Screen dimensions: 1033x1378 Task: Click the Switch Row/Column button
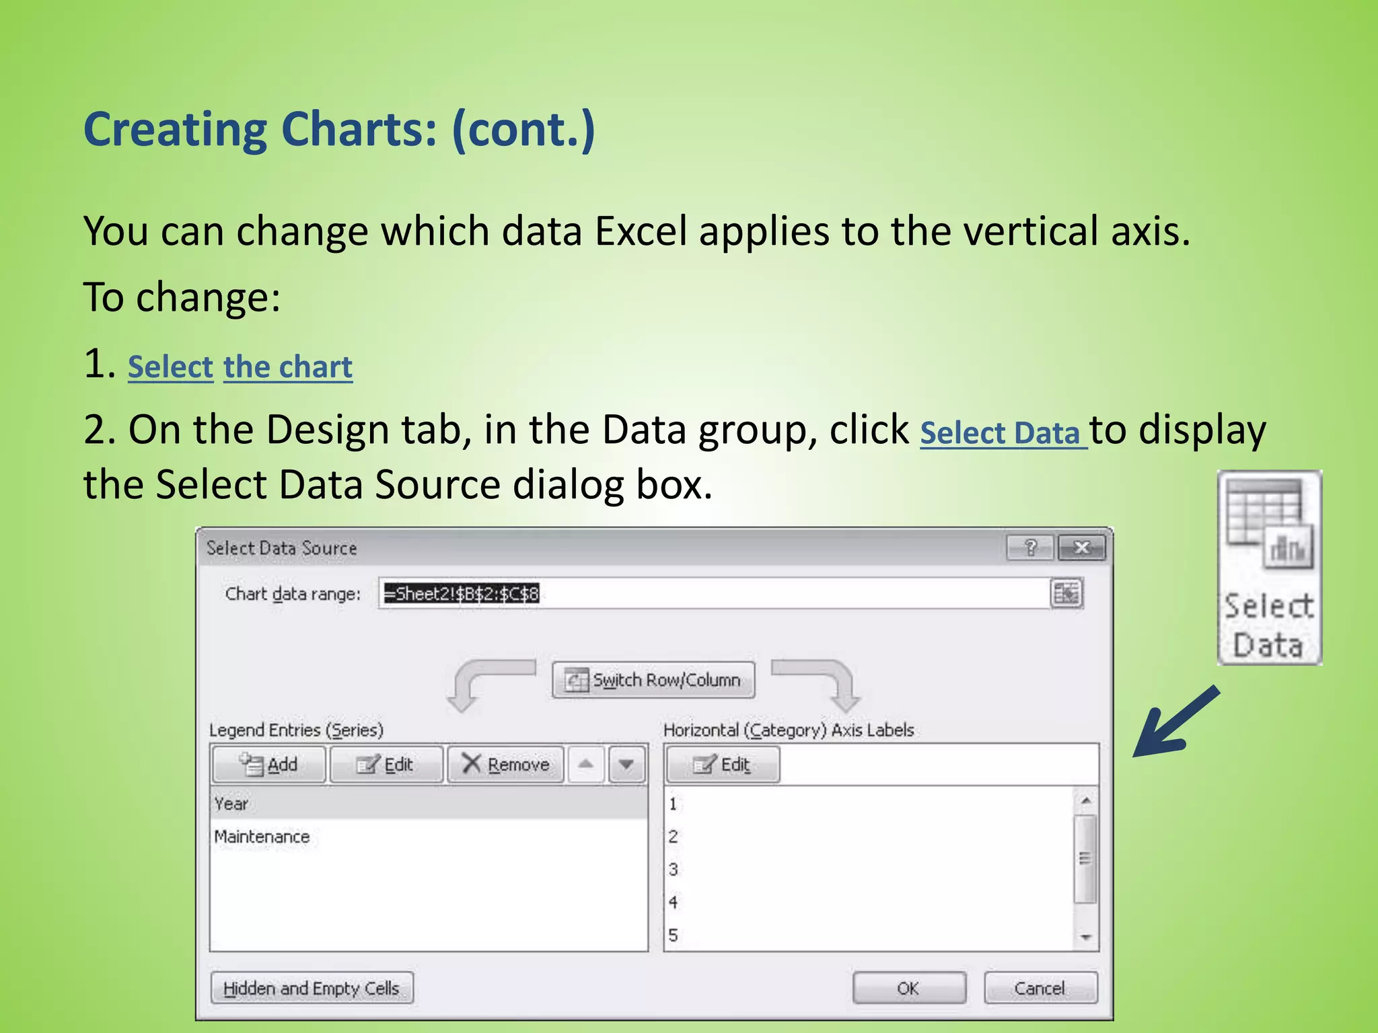click(x=653, y=680)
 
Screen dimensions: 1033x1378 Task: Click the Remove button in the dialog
click(x=505, y=765)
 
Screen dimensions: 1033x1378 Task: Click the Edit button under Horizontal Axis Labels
click(x=723, y=765)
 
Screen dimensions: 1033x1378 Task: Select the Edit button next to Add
click(x=386, y=765)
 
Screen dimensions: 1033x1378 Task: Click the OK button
click(x=908, y=988)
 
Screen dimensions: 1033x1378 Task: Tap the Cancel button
click(x=1040, y=988)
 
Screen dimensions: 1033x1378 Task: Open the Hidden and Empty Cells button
click(x=312, y=988)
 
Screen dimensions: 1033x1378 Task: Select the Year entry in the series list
click(x=231, y=804)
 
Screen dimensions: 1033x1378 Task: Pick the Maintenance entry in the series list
click(x=262, y=837)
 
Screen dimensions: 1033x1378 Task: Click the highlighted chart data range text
click(x=462, y=594)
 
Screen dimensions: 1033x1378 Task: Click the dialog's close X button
click(x=1081, y=548)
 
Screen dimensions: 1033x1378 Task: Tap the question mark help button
click(x=1029, y=548)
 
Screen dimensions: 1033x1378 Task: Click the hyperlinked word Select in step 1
click(x=170, y=367)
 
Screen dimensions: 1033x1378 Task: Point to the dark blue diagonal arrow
click(x=1176, y=722)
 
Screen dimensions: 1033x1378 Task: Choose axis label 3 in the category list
click(x=673, y=870)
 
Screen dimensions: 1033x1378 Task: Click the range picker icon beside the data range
click(x=1066, y=594)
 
